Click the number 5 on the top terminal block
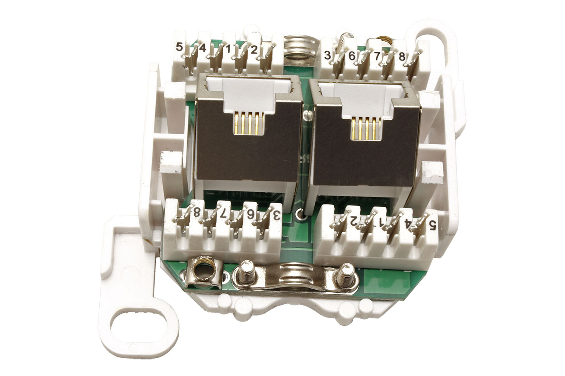click(x=179, y=47)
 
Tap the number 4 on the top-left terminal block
click(x=202, y=48)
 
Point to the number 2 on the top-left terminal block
click(x=253, y=50)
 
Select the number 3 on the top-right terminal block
click(x=327, y=55)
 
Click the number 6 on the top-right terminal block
click(x=352, y=56)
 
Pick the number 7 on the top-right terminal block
click(x=377, y=56)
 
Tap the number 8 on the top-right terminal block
click(x=402, y=57)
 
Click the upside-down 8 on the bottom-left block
click(x=197, y=212)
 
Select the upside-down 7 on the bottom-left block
click(x=223, y=214)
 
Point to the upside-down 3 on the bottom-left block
click(x=277, y=215)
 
